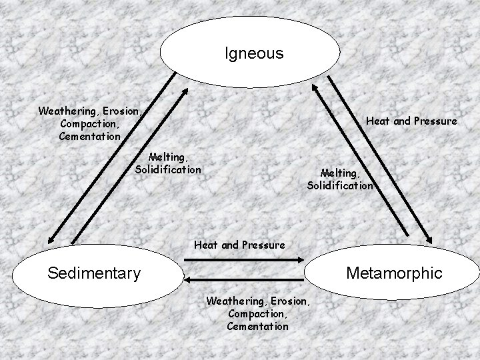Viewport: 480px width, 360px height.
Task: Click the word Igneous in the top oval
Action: click(254, 53)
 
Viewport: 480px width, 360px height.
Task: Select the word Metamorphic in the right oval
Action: click(393, 273)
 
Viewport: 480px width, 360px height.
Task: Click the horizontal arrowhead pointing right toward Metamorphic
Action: click(301, 259)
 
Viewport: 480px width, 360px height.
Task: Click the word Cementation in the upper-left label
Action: click(89, 136)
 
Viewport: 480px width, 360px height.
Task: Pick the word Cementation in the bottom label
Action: click(257, 326)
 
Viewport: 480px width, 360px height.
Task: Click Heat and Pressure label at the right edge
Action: click(411, 121)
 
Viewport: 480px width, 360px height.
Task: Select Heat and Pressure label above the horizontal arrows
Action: click(239, 245)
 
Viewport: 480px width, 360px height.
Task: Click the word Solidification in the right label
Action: click(340, 185)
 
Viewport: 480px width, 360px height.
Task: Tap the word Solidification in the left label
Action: click(168, 169)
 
